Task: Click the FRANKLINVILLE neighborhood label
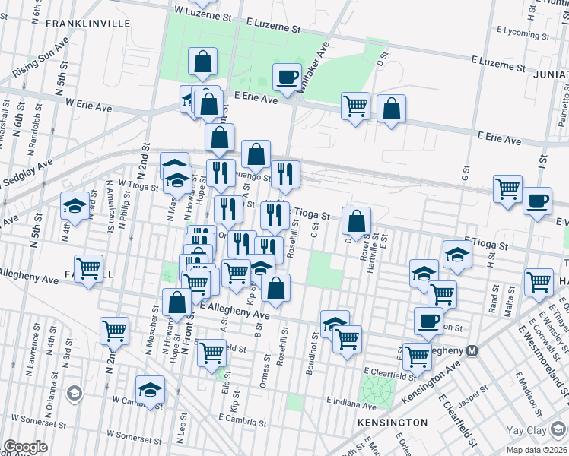(78, 24)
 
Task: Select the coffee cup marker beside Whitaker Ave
(287, 77)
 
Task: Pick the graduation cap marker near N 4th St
(75, 205)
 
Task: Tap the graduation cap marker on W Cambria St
(151, 390)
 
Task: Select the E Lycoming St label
(520, 34)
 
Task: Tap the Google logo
(25, 447)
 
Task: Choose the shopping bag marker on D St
(356, 221)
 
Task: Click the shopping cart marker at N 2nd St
(114, 331)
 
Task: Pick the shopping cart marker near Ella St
(211, 352)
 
